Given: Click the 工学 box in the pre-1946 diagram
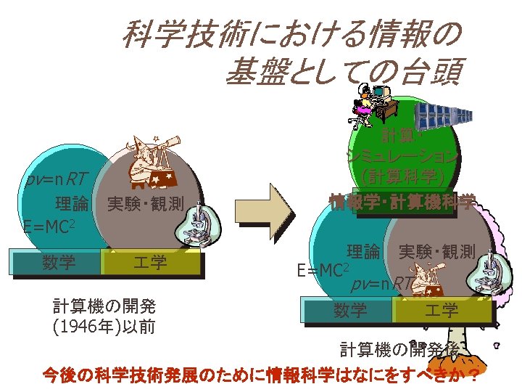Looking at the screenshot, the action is [x=150, y=262].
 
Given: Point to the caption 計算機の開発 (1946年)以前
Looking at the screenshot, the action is [x=105, y=316].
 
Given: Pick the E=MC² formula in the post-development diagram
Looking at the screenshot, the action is [x=320, y=270].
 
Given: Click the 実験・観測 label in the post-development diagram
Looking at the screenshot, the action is [x=437, y=252].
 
